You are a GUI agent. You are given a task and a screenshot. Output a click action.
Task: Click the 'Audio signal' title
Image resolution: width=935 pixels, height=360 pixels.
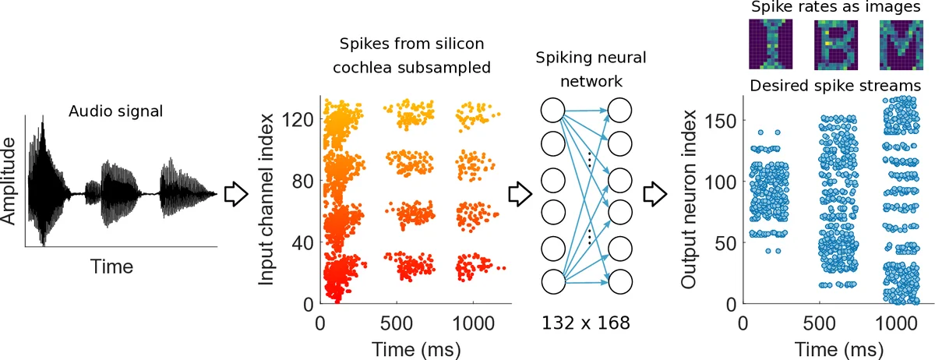(115, 111)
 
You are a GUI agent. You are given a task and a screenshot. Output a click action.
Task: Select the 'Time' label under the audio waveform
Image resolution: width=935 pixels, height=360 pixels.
(111, 266)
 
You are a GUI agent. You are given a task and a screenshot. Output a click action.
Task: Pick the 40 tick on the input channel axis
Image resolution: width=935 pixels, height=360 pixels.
(305, 242)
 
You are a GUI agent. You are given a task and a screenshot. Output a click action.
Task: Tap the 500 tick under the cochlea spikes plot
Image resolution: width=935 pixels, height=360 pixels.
(397, 322)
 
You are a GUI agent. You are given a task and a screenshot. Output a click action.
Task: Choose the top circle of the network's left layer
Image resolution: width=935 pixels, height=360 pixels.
(552, 111)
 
